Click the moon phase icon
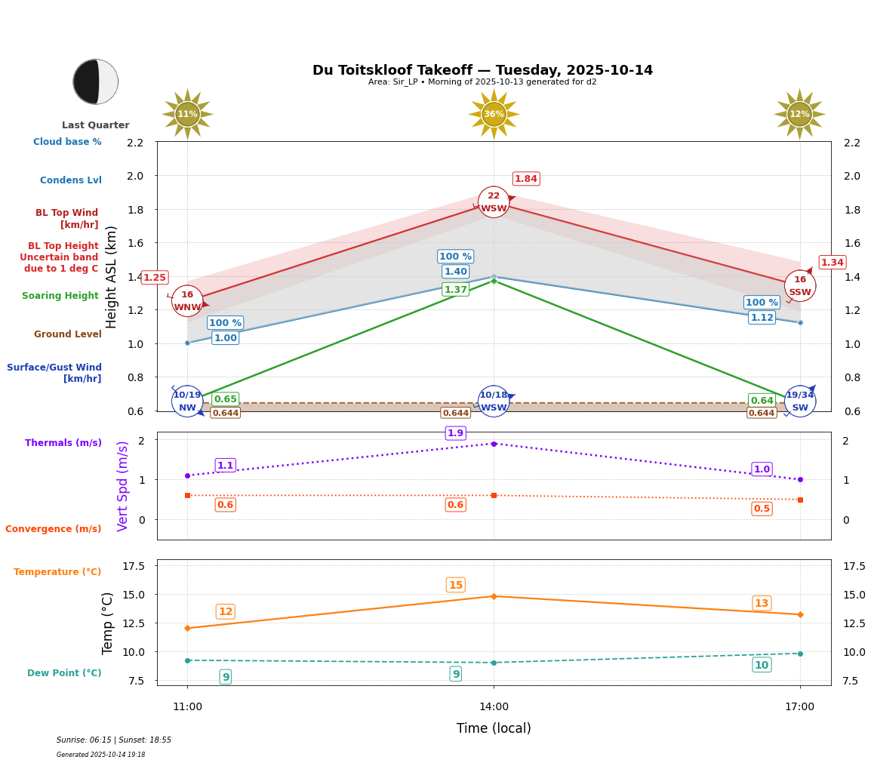click(96, 82)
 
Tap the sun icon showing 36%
click(494, 114)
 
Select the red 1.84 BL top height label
click(526, 179)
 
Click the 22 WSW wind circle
click(494, 202)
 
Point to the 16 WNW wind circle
click(187, 301)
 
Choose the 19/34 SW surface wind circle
click(800, 401)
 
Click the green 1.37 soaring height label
click(456, 290)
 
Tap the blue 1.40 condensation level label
click(456, 272)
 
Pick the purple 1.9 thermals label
click(456, 433)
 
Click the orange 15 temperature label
click(456, 585)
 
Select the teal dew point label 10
click(762, 665)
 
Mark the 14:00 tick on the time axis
click(494, 706)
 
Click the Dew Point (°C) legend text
click(64, 673)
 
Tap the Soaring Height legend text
click(60, 296)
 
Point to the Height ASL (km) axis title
click(112, 276)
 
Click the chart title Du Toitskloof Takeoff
click(482, 70)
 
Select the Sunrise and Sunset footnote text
click(114, 740)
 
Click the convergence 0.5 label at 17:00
click(762, 509)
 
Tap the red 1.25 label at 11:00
click(155, 278)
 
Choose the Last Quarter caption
click(96, 125)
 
